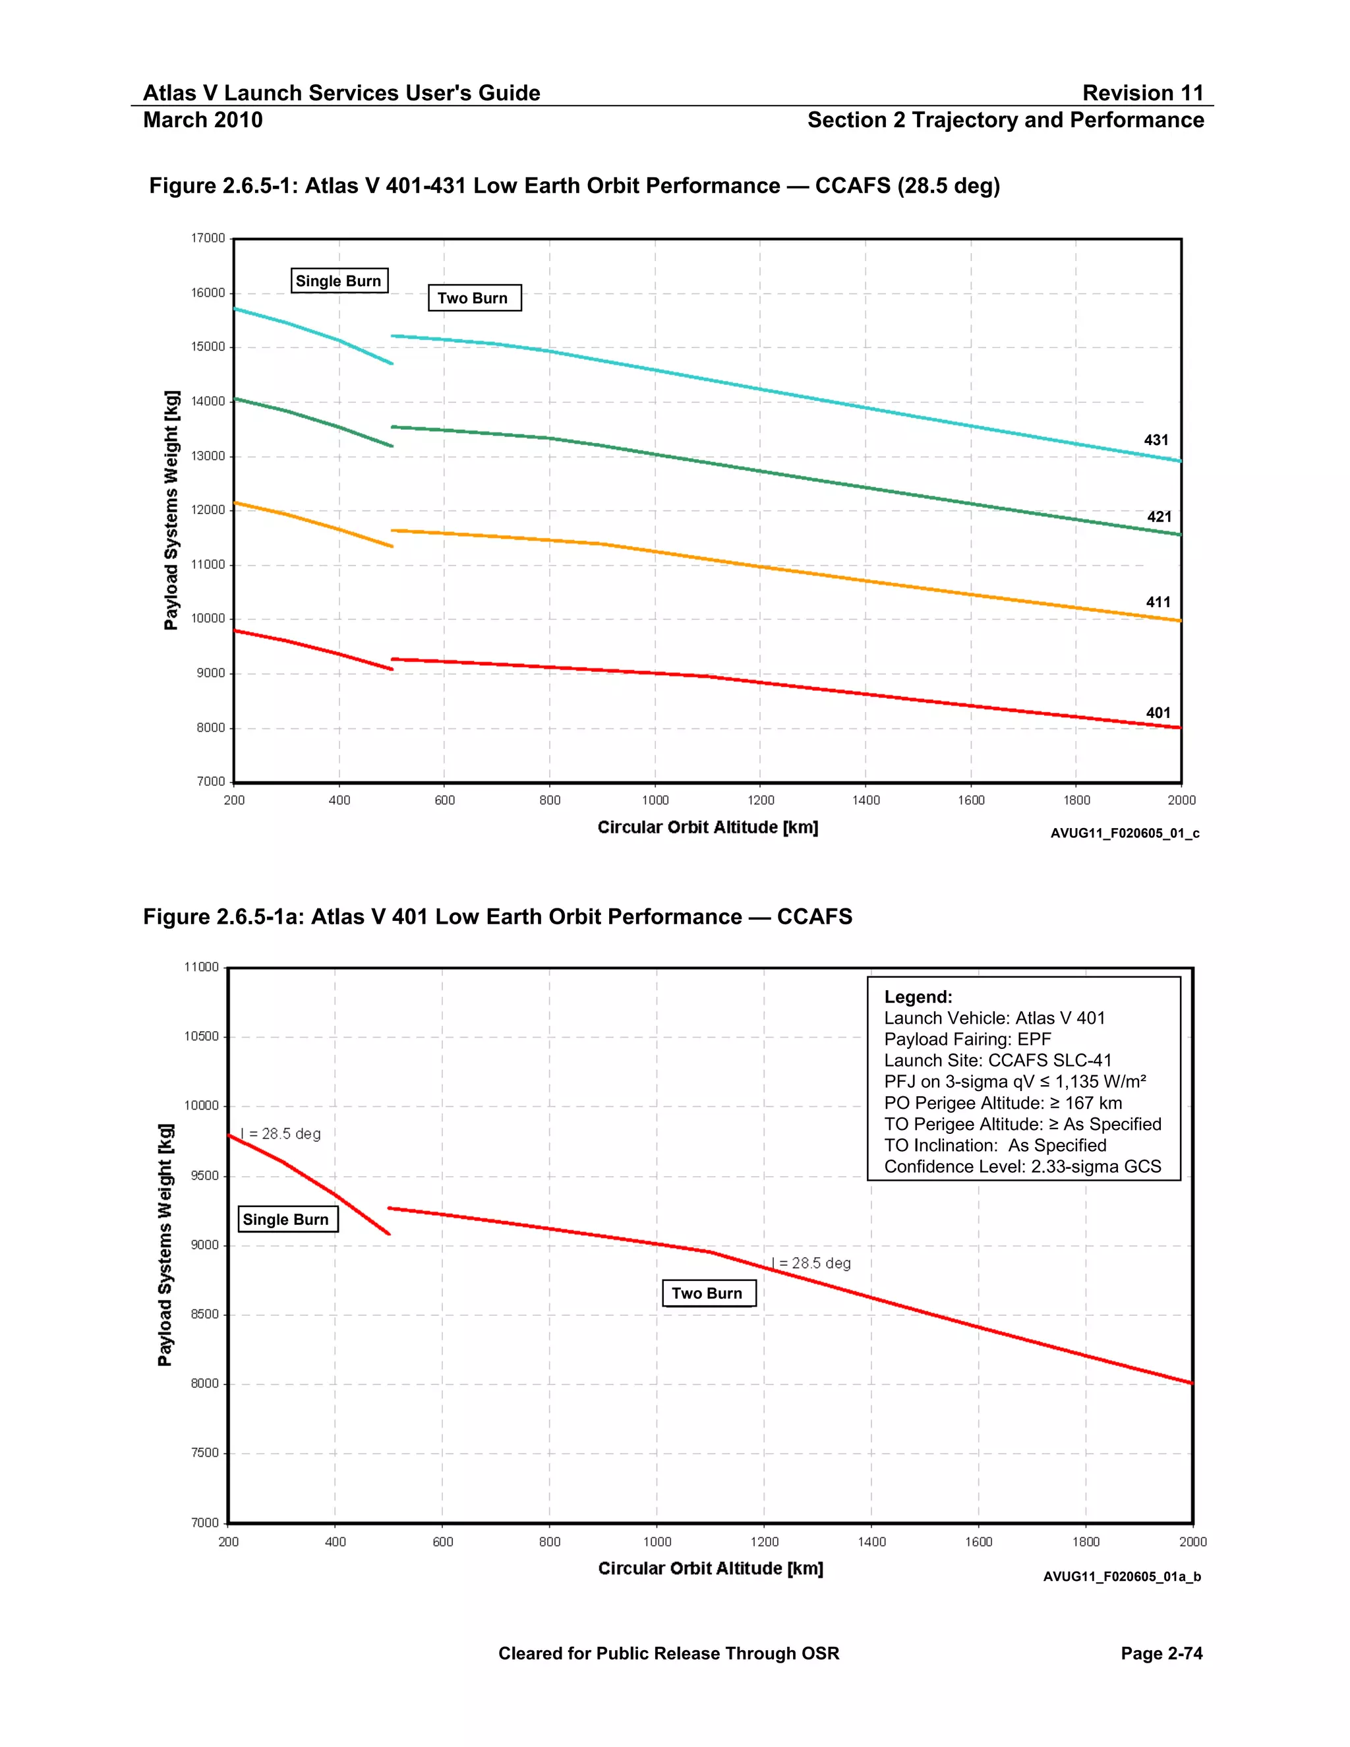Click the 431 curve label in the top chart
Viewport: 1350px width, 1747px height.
point(1156,440)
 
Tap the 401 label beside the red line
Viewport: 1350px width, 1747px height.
point(1158,713)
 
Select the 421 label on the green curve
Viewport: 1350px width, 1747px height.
point(1159,517)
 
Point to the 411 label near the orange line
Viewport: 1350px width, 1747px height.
point(1158,603)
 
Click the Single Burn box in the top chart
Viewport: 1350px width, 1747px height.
point(339,281)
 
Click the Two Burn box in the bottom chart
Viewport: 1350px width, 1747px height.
point(708,1293)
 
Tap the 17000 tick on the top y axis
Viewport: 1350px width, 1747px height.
point(208,239)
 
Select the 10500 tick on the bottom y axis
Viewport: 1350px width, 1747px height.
point(202,1037)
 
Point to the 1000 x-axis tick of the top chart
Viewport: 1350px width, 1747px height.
point(655,800)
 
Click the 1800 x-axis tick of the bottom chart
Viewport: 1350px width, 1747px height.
point(1085,1541)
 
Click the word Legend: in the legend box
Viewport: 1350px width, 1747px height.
point(918,997)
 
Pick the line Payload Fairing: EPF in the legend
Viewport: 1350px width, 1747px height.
point(967,1039)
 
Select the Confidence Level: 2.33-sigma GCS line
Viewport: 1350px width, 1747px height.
point(1022,1166)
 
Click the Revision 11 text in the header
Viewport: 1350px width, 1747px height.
point(1142,93)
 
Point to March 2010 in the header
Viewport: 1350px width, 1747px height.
point(202,120)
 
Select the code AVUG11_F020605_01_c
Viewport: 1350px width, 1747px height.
point(1124,833)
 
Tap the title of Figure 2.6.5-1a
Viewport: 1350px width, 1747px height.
point(498,917)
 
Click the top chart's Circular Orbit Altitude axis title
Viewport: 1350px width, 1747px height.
point(707,827)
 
